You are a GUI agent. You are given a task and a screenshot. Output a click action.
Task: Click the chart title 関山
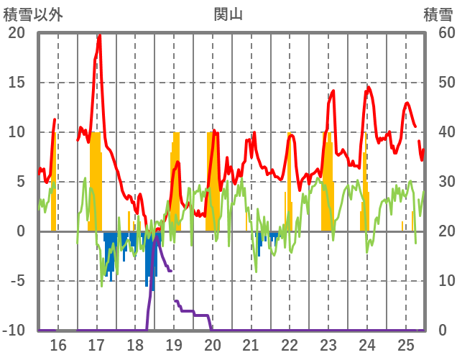tap(228, 14)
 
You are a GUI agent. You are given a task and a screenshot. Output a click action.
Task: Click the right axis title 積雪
tap(436, 14)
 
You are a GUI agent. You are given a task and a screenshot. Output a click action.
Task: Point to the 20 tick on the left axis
tap(16, 33)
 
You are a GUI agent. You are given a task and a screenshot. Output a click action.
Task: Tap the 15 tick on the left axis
tap(16, 83)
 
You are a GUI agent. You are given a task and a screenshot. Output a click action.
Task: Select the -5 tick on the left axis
tap(16, 281)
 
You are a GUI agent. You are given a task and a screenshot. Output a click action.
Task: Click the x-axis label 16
tap(57, 346)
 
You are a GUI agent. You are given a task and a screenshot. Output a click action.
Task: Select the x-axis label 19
tap(174, 346)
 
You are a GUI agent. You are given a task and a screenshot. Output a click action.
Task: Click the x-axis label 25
tap(406, 346)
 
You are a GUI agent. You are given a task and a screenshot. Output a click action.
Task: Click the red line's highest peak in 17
tap(99, 36)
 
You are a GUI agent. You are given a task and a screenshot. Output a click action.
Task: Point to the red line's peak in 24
tap(369, 88)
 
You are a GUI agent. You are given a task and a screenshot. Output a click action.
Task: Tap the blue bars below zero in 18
tap(150, 259)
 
